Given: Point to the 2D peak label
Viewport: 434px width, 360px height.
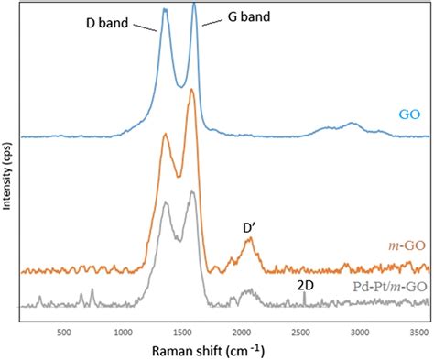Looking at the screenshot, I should (305, 286).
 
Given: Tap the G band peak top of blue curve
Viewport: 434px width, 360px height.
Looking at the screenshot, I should (194, 5).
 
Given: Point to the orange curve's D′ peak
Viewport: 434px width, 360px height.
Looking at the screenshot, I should (248, 239).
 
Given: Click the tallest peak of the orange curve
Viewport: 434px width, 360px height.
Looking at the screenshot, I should (191, 90).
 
